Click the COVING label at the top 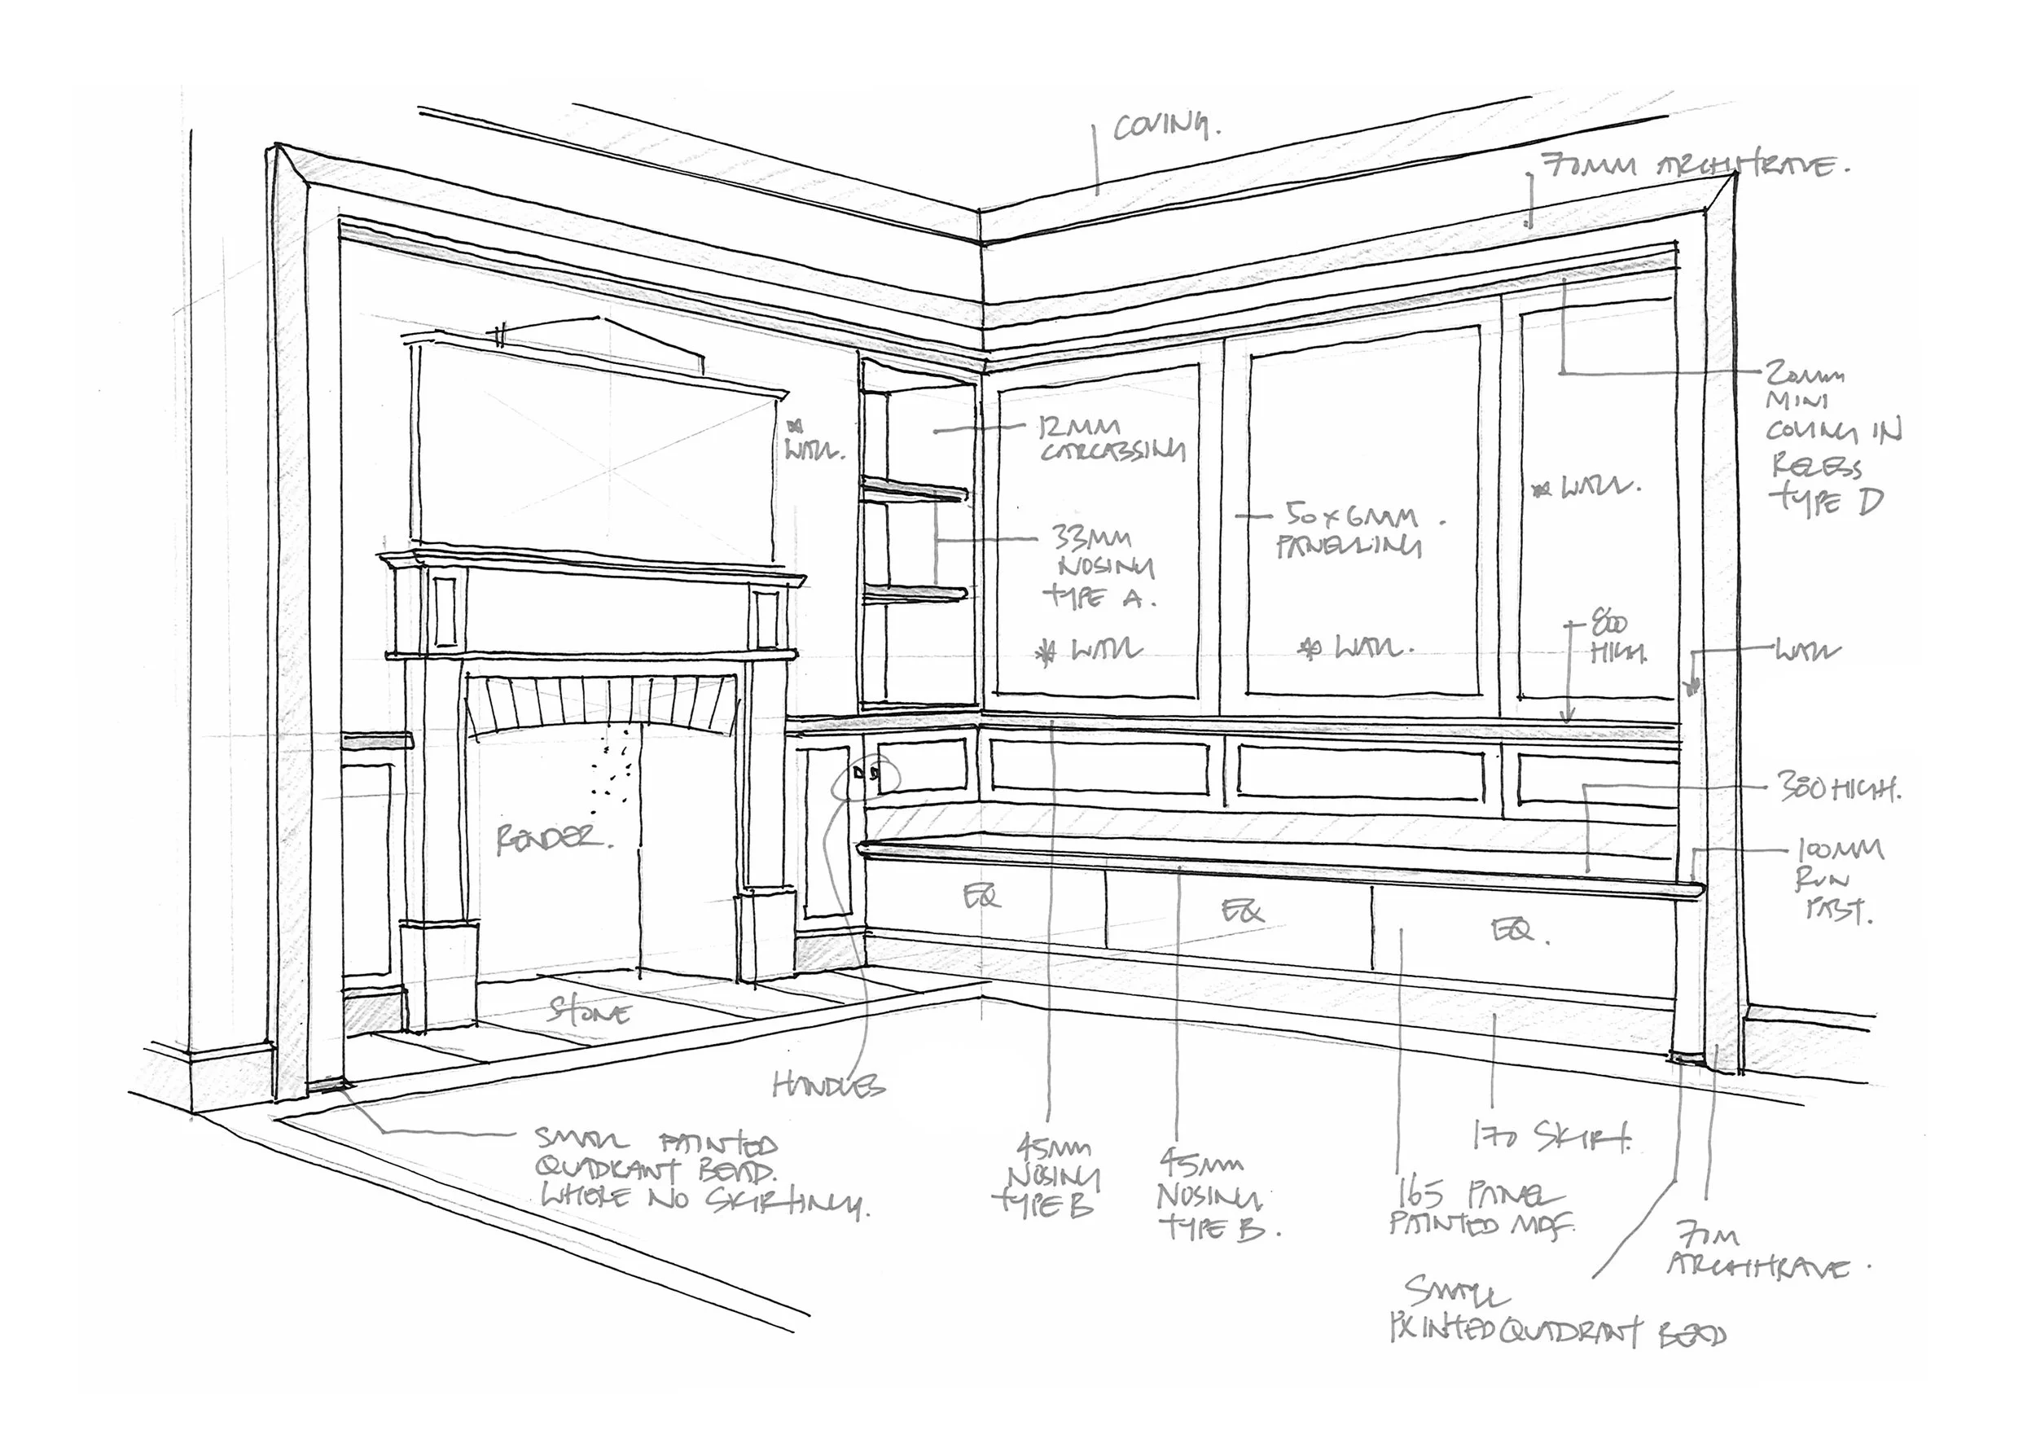(x=1165, y=128)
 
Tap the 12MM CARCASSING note (x=1112, y=440)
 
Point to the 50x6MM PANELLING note (x=1350, y=531)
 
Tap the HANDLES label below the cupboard (x=829, y=1085)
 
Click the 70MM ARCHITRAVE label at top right (x=1694, y=166)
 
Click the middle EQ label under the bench (x=1241, y=910)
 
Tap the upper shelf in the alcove (x=914, y=490)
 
